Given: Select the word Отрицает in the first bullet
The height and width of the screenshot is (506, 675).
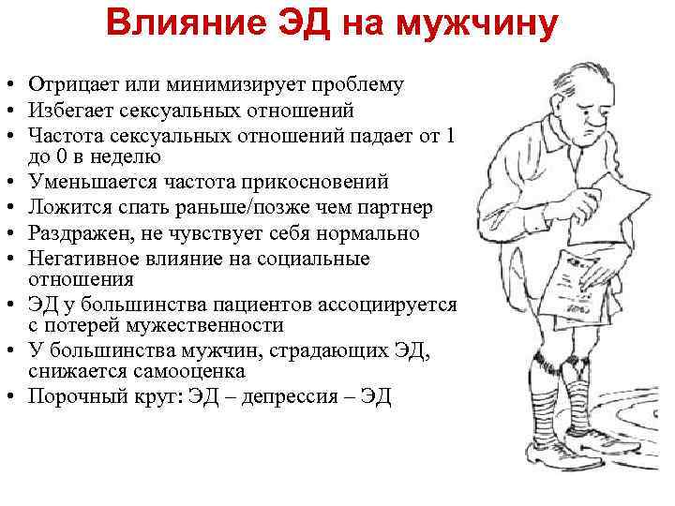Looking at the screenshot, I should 71,85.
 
